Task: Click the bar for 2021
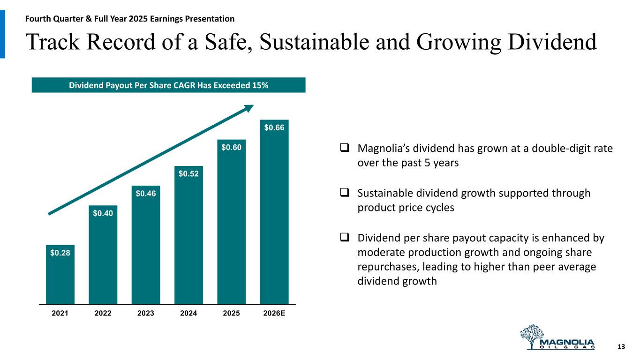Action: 60,277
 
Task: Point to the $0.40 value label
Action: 103,214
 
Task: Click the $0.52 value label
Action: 188,174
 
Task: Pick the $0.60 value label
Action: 231,148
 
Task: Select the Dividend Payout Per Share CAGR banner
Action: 168,85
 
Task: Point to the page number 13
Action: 622,347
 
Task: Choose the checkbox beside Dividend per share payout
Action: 344,238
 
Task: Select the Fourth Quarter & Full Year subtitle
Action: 130,19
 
